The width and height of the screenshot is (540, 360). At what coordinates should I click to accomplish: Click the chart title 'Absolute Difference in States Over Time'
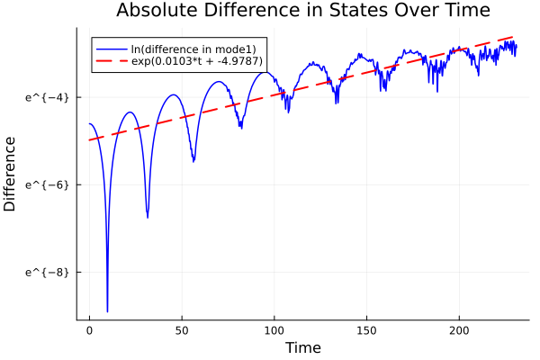point(302,12)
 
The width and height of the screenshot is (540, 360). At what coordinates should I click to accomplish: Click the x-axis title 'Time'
point(302,347)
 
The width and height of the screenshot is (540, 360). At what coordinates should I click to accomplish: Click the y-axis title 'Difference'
point(11,174)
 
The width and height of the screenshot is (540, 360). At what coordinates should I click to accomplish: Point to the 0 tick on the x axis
point(89,331)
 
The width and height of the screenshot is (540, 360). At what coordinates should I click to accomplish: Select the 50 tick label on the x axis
point(182,331)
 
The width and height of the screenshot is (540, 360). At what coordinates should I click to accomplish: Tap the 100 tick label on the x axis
point(274,331)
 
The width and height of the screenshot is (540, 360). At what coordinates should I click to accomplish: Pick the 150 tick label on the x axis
point(367,331)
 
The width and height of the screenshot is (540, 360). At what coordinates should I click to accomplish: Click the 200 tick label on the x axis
point(460,331)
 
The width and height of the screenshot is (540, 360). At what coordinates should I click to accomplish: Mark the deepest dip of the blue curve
point(107,311)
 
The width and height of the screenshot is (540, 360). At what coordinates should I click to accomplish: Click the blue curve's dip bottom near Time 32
point(148,217)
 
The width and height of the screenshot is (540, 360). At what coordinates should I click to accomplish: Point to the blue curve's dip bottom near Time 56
point(193,161)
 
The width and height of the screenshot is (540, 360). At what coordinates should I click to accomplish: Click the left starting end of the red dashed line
point(89,140)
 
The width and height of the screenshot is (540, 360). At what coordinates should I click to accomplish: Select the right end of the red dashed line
point(516,36)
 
